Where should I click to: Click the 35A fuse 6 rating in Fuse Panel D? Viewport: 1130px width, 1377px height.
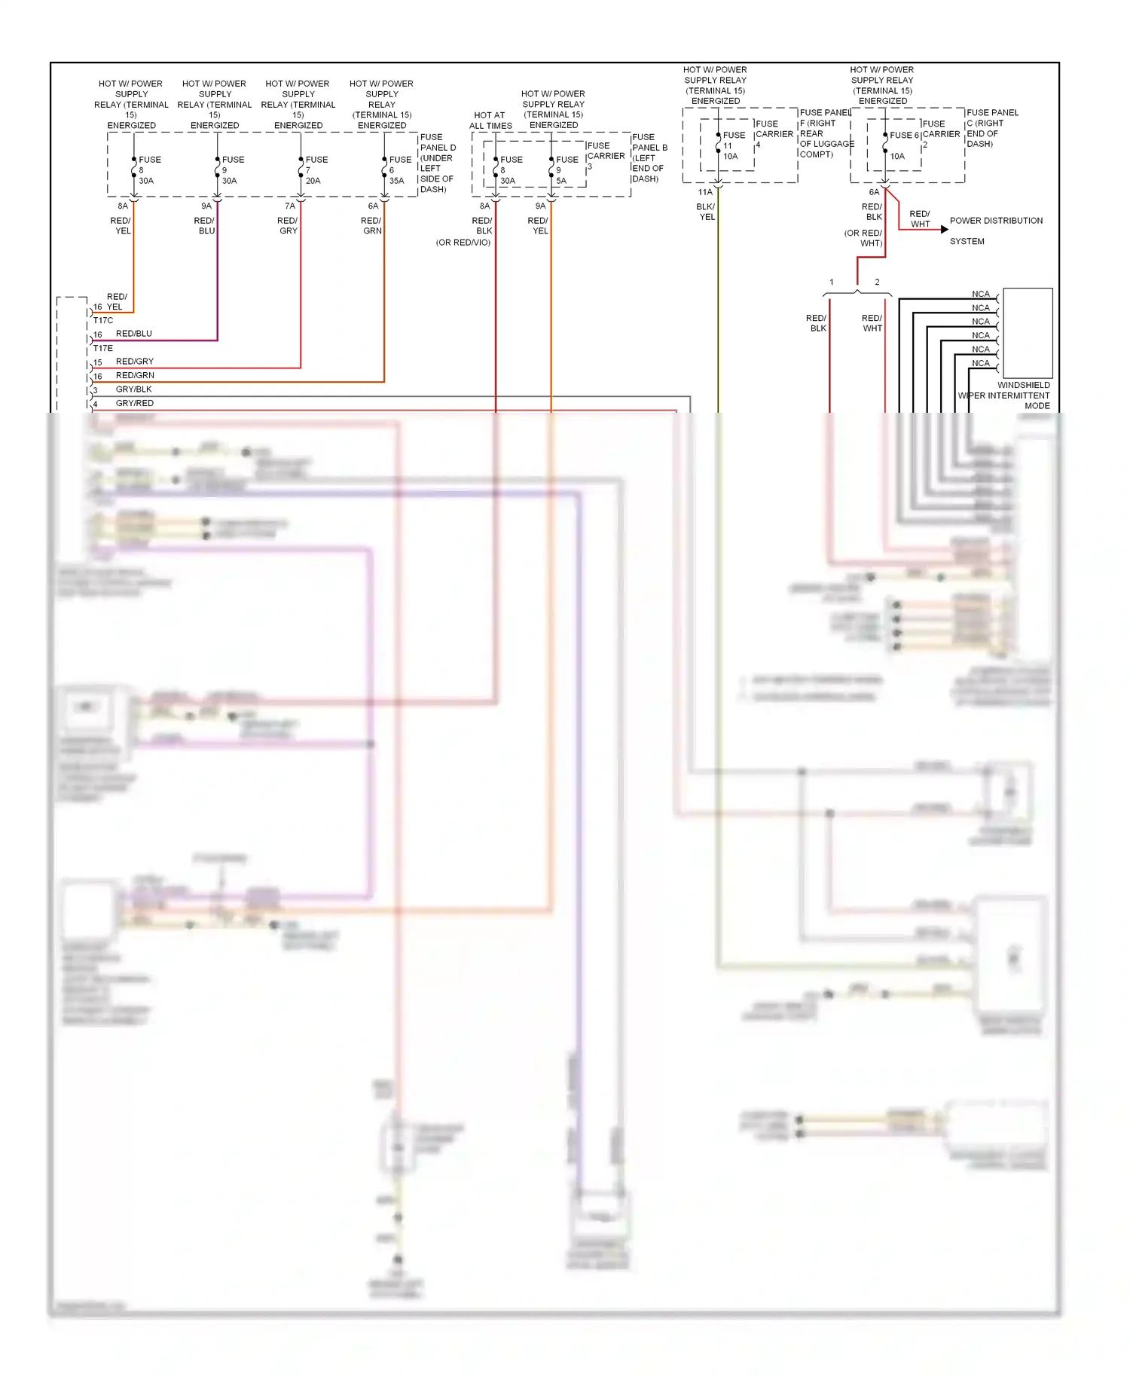click(x=396, y=181)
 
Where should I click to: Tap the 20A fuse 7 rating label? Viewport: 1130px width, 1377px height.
click(x=313, y=181)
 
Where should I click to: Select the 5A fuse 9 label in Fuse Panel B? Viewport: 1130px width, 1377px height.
click(x=561, y=181)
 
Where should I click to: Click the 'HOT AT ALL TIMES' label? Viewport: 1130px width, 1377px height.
click(x=490, y=121)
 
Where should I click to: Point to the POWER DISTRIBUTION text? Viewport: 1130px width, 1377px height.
click(x=996, y=221)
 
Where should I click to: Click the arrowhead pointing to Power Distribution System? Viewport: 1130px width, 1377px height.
click(x=944, y=229)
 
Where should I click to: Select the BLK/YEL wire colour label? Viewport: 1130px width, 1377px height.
click(x=706, y=212)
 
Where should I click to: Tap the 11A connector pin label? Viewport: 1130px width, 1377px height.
click(x=705, y=192)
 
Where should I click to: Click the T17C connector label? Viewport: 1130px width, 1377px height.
click(x=103, y=321)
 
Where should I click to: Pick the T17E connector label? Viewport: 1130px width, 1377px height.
click(x=103, y=349)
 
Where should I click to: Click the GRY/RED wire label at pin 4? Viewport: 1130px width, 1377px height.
click(x=135, y=404)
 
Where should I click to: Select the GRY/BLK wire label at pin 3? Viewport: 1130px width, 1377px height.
click(x=134, y=389)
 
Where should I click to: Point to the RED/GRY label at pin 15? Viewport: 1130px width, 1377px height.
click(x=135, y=362)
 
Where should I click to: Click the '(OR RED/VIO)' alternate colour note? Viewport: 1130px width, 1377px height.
click(x=463, y=243)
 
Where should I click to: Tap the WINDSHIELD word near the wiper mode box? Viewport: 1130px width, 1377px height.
click(x=1023, y=385)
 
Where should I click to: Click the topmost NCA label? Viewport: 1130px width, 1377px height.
click(x=980, y=295)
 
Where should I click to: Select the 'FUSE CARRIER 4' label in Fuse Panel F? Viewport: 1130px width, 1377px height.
click(x=774, y=134)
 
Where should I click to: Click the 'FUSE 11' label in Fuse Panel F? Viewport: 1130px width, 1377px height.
click(x=733, y=141)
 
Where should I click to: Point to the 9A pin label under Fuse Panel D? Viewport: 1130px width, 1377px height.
click(x=206, y=206)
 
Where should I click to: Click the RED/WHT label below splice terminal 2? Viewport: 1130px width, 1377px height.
click(x=872, y=323)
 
